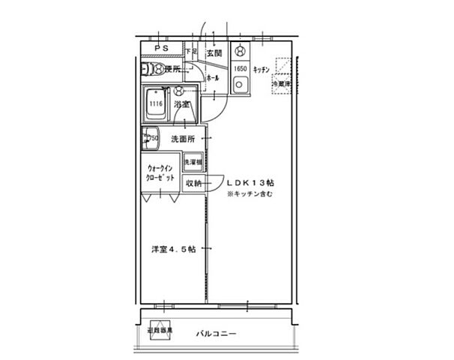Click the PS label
pyautogui.click(x=160, y=49)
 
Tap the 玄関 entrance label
pyautogui.click(x=215, y=53)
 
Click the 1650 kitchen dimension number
pyautogui.click(x=240, y=70)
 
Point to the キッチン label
pyautogui.click(x=261, y=70)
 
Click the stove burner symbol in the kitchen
pyautogui.click(x=240, y=52)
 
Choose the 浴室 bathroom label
pyautogui.click(x=182, y=104)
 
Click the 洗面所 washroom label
pyautogui.click(x=183, y=139)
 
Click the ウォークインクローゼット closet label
pyautogui.click(x=161, y=173)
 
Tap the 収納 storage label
pyautogui.click(x=194, y=183)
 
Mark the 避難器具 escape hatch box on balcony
pyautogui.click(x=160, y=331)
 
